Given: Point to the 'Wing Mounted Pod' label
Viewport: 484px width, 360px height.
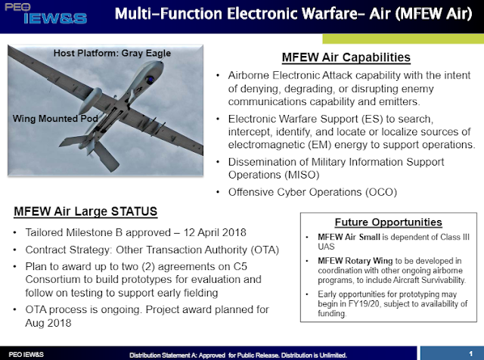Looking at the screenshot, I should point(48,119).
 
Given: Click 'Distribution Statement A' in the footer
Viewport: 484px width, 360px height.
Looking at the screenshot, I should point(168,354).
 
